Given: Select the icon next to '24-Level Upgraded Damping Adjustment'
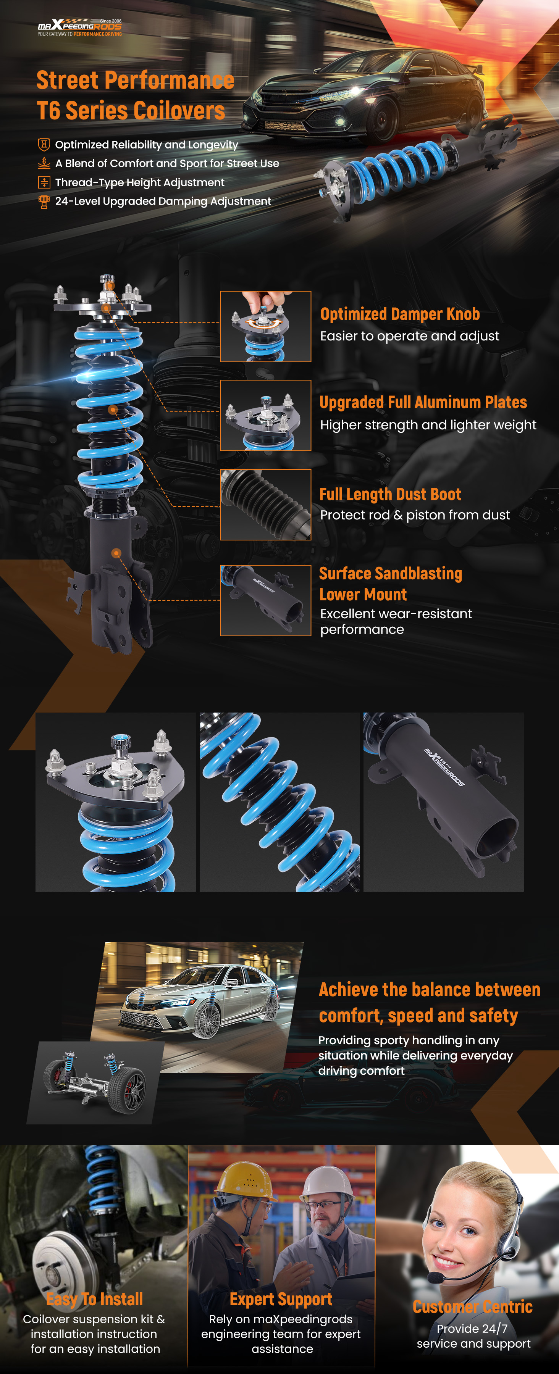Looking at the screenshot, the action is coord(44,202).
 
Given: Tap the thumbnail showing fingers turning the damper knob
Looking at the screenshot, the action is coord(266,326).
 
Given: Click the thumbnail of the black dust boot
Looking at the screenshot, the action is coord(266,505).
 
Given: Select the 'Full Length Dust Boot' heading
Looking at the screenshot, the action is coord(390,494).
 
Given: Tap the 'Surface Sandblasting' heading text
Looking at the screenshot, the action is coord(391,573).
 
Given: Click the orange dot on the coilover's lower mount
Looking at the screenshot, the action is coord(116,553).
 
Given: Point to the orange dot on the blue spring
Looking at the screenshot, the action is coord(113,410).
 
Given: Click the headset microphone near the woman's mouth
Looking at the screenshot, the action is coord(435,1279).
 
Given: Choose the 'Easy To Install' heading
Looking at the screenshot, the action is coord(94,1299).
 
